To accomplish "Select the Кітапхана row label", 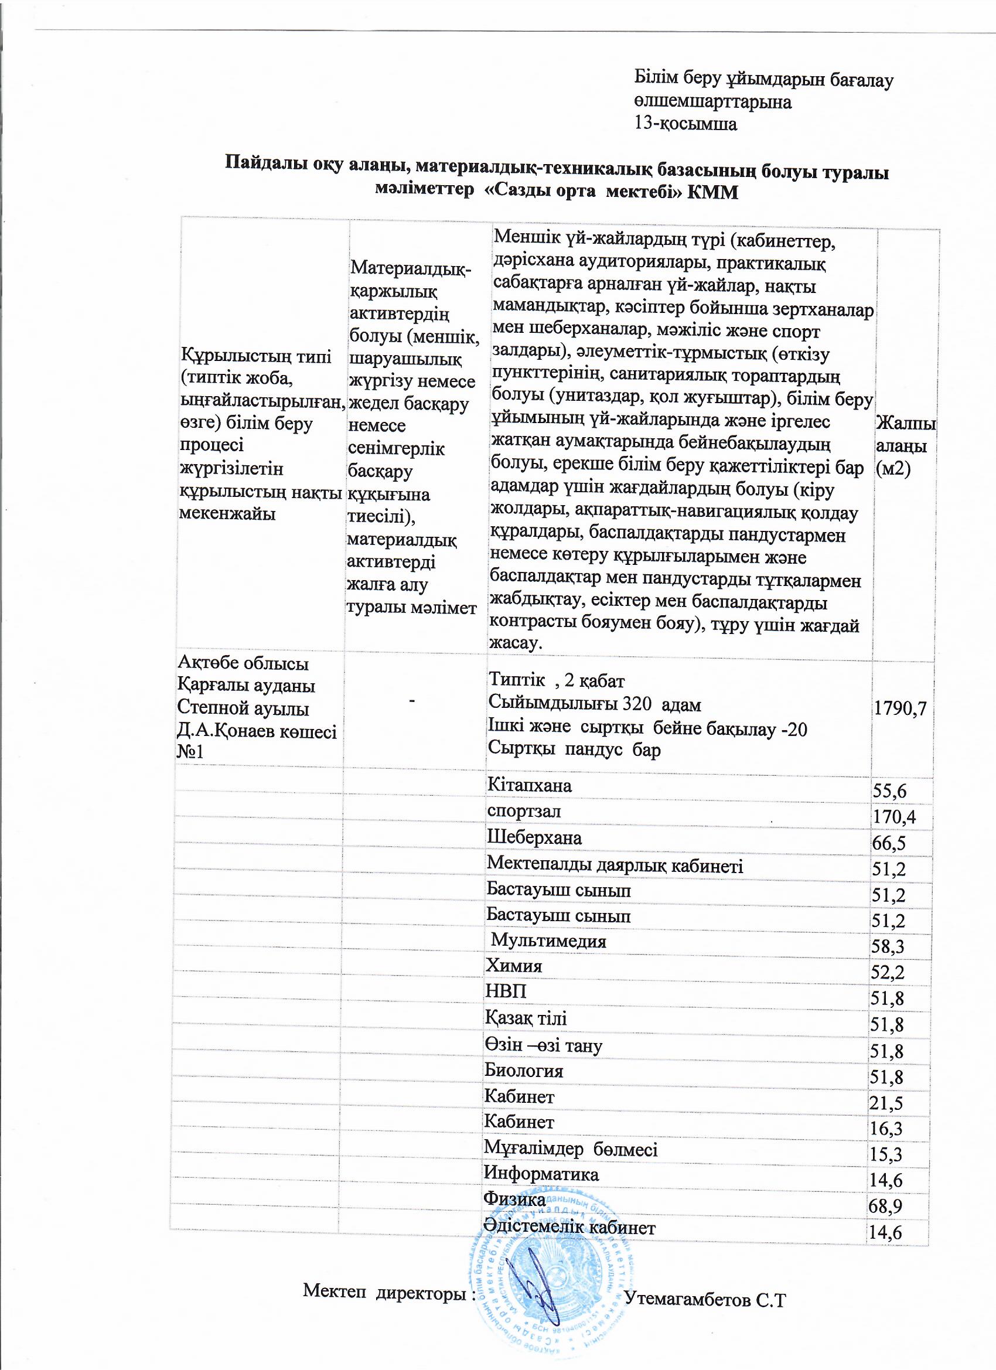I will click(x=529, y=785).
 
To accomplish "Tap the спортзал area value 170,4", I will click(x=894, y=817).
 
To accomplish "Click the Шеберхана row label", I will click(x=534, y=838).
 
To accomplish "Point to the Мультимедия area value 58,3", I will click(x=887, y=946).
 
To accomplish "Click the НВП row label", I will click(x=506, y=992).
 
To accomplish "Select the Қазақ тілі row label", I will click(x=526, y=1018).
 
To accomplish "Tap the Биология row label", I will click(x=524, y=1071).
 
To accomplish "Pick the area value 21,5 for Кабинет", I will click(x=885, y=1103).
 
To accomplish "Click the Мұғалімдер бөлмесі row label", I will click(x=571, y=1150).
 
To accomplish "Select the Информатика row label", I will click(x=541, y=1174).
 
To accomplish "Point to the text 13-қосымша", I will click(x=685, y=124).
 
